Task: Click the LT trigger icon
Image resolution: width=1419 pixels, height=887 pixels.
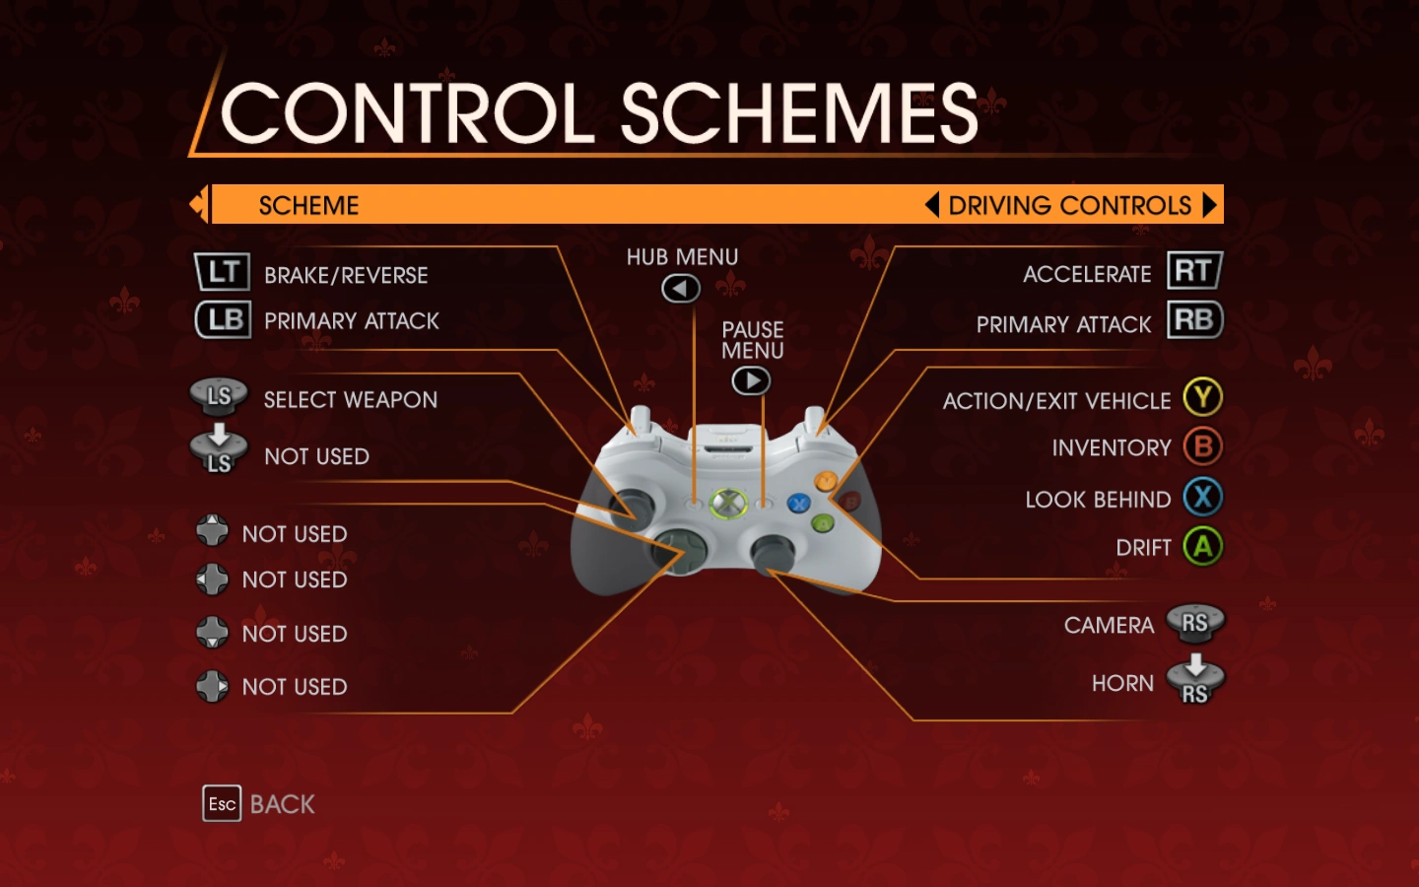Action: point(222,272)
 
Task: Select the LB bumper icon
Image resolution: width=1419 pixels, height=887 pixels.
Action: point(223,319)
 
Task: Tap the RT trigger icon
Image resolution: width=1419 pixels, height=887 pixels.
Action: point(1194,270)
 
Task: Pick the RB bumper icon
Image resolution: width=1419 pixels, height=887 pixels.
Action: point(1194,319)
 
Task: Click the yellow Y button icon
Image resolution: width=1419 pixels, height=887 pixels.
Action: point(1202,397)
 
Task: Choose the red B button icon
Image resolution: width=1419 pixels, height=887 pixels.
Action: point(1202,446)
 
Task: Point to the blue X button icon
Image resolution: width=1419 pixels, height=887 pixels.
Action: point(1202,497)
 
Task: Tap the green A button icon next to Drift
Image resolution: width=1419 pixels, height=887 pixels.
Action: point(1202,546)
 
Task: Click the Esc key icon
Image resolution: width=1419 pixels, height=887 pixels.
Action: point(222,804)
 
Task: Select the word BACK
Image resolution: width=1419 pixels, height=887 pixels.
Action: point(283,805)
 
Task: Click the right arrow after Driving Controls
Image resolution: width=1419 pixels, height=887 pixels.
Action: point(1210,205)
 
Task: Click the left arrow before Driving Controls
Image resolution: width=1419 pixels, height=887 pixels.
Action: point(931,205)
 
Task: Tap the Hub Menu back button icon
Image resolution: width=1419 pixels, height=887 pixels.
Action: point(681,289)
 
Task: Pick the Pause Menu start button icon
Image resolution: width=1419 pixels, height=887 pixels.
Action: point(751,380)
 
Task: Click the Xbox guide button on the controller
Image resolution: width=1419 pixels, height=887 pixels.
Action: point(727,503)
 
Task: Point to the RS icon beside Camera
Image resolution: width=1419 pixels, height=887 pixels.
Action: point(1194,622)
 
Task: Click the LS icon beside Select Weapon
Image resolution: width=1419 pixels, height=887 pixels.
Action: point(219,396)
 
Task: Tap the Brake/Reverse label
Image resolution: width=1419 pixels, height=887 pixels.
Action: point(346,276)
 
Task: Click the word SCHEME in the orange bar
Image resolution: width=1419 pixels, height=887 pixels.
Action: point(308,205)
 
